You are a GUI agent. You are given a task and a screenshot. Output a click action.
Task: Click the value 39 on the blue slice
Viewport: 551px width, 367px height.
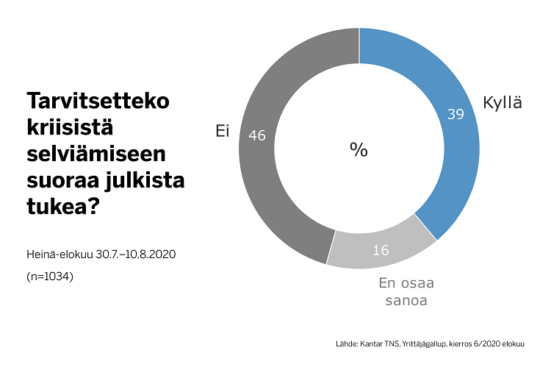pyautogui.click(x=455, y=115)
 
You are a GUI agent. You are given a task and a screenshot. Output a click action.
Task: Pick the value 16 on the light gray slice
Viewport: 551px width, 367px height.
pyautogui.click(x=380, y=251)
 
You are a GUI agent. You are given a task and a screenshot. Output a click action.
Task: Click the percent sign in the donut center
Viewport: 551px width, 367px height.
pyautogui.click(x=359, y=149)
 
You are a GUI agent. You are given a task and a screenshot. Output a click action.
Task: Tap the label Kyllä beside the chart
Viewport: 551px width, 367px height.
pyautogui.click(x=503, y=103)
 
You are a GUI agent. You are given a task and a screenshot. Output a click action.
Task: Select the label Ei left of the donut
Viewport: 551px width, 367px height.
pyautogui.click(x=222, y=131)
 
